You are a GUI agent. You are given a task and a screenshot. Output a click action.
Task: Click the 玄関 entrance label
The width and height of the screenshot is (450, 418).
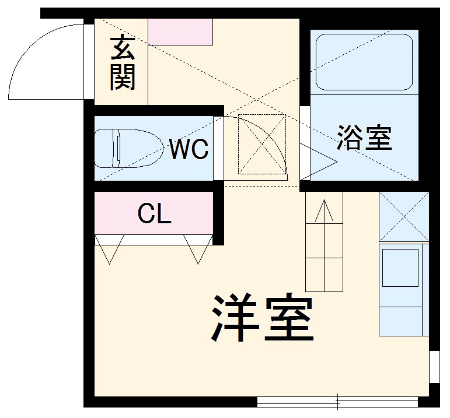[123, 63]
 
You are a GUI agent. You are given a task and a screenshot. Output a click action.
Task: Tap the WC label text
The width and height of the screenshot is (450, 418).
[189, 150]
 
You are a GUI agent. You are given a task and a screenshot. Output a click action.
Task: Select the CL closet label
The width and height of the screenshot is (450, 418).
[155, 214]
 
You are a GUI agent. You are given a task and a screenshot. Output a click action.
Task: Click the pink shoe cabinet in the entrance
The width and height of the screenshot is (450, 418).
[180, 31]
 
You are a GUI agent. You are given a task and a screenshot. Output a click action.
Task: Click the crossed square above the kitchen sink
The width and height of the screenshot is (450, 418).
[403, 216]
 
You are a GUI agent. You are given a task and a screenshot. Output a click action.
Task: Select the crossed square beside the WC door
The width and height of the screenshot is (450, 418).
[263, 145]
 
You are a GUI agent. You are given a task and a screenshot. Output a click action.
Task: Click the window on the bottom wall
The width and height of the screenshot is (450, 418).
[337, 402]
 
